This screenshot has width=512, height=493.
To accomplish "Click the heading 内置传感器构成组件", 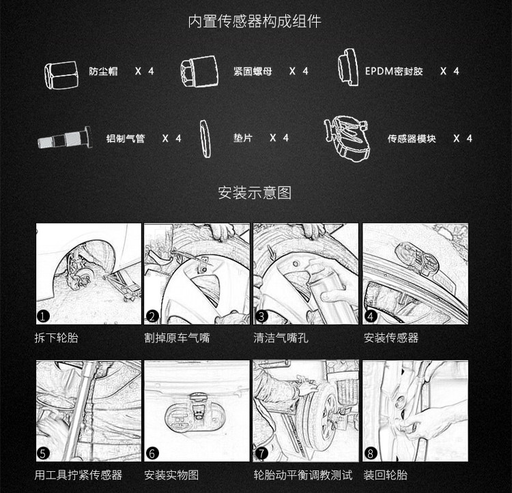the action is click(x=255, y=21).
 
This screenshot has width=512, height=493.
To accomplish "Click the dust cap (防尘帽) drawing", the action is click(x=61, y=75).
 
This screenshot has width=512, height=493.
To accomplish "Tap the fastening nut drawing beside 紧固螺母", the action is click(x=199, y=72).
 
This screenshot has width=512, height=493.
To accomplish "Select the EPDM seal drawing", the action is click(x=347, y=68).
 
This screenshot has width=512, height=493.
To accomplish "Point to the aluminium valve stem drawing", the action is click(x=65, y=138).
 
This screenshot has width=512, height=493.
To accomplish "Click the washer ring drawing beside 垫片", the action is click(x=205, y=139).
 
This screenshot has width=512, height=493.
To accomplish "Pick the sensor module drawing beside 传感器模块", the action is click(x=347, y=138).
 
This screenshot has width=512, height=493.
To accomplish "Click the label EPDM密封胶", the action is click(x=394, y=71).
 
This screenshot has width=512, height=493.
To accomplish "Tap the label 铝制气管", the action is click(x=126, y=138).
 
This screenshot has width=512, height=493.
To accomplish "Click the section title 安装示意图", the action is click(x=255, y=192).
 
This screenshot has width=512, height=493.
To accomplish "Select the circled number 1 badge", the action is click(x=43, y=316).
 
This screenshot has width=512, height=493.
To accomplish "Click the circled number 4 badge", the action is click(x=370, y=316).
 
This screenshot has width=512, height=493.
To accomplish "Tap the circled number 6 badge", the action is click(x=152, y=453).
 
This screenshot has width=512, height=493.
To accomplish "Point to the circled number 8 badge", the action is click(x=370, y=453).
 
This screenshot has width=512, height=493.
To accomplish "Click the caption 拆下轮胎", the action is click(x=57, y=338).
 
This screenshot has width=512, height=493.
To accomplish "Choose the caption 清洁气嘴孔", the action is click(x=281, y=338).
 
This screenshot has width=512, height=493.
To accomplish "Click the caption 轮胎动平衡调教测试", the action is click(x=303, y=475).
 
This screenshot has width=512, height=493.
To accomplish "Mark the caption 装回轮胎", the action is click(x=386, y=475).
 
